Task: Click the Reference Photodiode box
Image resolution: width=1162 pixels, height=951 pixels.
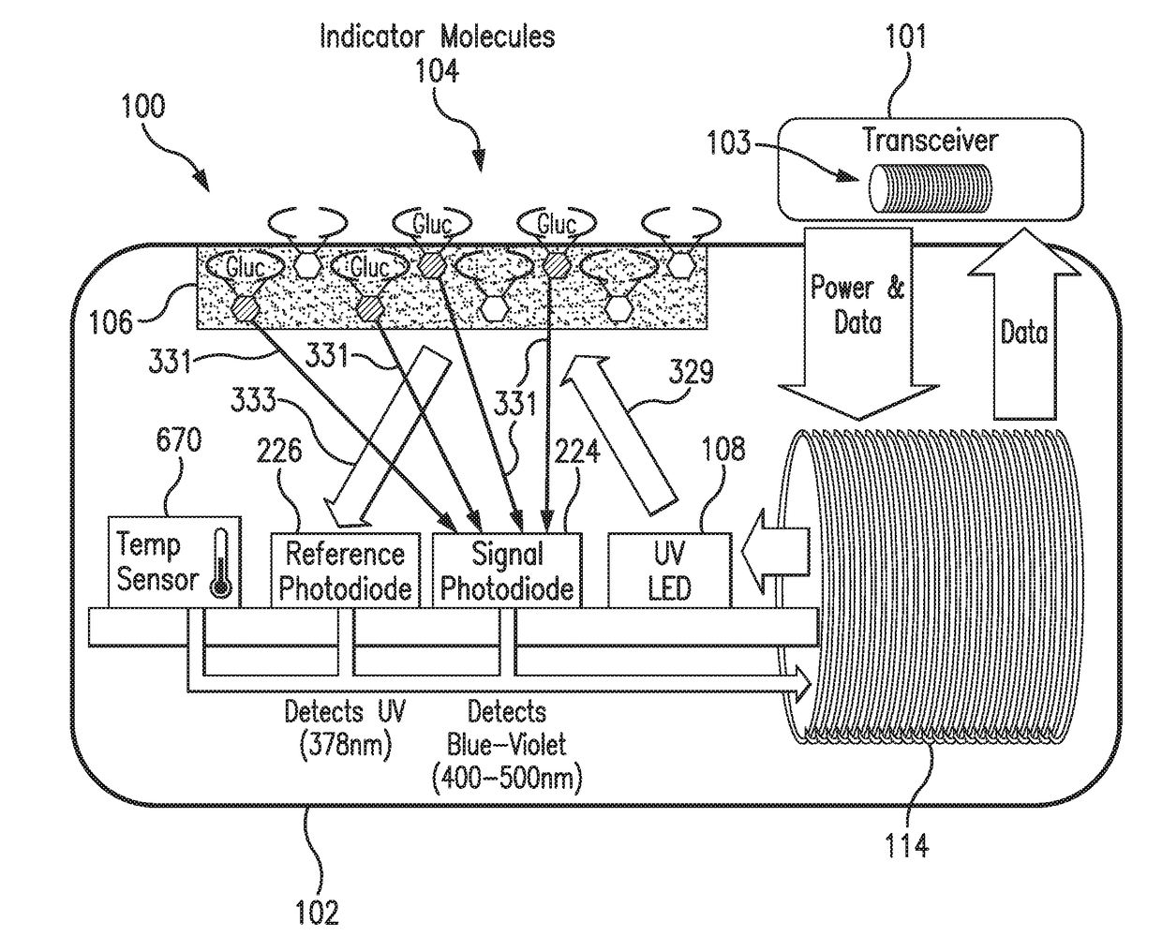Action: (345, 570)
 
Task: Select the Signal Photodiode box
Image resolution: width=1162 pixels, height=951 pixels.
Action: (507, 570)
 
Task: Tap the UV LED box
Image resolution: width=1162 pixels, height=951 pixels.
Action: (669, 570)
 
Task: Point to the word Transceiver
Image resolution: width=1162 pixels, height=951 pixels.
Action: (930, 140)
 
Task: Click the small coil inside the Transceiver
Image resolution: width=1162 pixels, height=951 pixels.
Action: (930, 188)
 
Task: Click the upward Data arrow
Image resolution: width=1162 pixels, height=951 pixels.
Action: (1023, 324)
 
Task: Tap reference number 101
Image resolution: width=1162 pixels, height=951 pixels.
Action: (905, 37)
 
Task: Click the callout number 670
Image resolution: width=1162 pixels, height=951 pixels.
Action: (178, 439)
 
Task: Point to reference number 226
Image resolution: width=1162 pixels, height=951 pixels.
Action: (279, 450)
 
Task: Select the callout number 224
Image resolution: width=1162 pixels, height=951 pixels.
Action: (577, 450)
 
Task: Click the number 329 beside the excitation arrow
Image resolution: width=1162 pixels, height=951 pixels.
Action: (691, 371)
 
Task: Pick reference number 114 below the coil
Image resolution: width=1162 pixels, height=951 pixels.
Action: (906, 844)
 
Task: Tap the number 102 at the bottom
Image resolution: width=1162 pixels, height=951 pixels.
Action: (317, 913)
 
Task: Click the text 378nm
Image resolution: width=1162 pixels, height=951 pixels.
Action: (346, 746)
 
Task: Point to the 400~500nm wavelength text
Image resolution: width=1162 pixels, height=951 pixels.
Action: (507, 779)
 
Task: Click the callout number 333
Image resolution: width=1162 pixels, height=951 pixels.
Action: (253, 400)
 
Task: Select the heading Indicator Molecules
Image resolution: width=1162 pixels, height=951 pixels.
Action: (438, 37)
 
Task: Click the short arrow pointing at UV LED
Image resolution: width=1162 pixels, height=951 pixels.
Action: (775, 552)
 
